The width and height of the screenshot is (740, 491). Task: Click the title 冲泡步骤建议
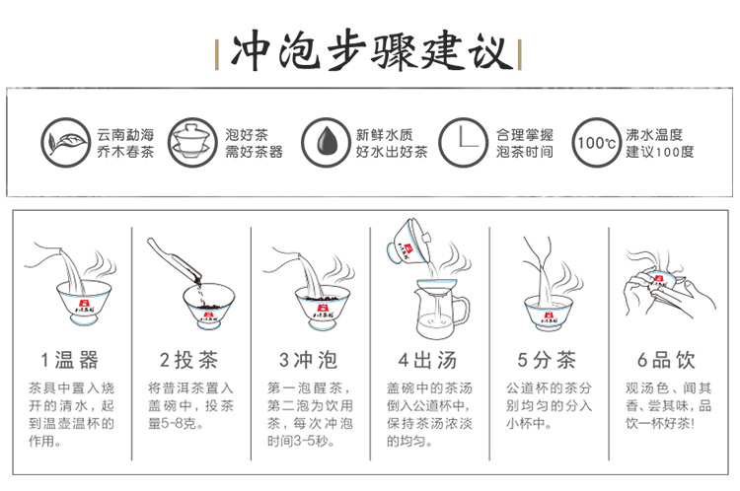pyautogui.click(x=370, y=51)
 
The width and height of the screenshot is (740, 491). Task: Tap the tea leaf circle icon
pyautogui.click(x=65, y=142)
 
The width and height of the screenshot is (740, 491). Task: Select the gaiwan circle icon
pyautogui.click(x=191, y=142)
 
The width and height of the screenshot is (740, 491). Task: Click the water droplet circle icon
pyautogui.click(x=326, y=142)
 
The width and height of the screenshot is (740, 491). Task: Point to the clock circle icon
pyautogui.click(x=463, y=142)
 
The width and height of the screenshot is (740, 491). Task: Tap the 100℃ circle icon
pyautogui.click(x=597, y=142)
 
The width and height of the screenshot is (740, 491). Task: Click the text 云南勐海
pyautogui.click(x=125, y=135)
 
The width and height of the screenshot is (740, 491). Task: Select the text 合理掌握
pyautogui.click(x=524, y=135)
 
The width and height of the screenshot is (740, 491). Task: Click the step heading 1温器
pyautogui.click(x=70, y=360)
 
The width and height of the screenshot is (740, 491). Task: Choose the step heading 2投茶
pyautogui.click(x=188, y=360)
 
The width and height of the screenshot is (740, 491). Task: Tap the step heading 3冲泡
pyautogui.click(x=309, y=360)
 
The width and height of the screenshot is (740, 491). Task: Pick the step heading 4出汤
pyautogui.click(x=427, y=360)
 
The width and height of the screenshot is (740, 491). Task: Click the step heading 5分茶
pyautogui.click(x=547, y=360)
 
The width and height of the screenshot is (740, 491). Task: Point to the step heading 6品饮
pyautogui.click(x=666, y=360)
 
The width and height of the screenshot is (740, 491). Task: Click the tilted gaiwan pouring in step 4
pyautogui.click(x=409, y=242)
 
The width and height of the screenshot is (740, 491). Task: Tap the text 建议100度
pyautogui.click(x=660, y=152)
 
